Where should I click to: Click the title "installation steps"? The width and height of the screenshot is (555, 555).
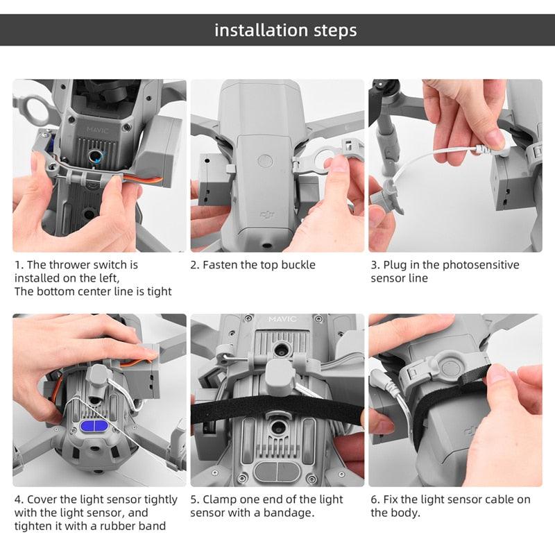click(x=285, y=31)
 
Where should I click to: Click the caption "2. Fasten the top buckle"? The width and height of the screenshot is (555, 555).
click(x=253, y=265)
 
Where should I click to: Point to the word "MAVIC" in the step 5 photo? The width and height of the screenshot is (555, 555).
click(x=282, y=319)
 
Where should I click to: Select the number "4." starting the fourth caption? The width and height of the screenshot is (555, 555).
click(x=19, y=499)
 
